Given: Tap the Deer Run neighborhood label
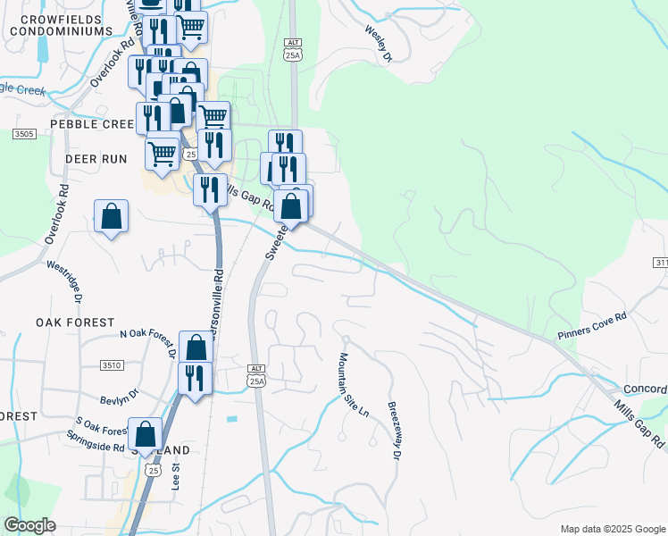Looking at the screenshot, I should click(x=96, y=158).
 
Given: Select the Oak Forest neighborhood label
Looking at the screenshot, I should click(x=75, y=322).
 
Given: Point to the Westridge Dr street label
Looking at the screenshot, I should click(x=70, y=280).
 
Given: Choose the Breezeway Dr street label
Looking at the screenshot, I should click(x=394, y=429).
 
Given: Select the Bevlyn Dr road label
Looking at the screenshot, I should click(x=121, y=394).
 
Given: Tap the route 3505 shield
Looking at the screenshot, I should click(x=24, y=134).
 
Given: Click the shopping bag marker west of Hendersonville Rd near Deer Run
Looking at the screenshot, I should click(x=111, y=216).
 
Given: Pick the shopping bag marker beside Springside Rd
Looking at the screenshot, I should click(x=145, y=434).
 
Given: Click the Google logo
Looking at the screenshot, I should click(x=30, y=524).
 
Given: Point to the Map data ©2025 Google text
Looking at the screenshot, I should click(x=612, y=529).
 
